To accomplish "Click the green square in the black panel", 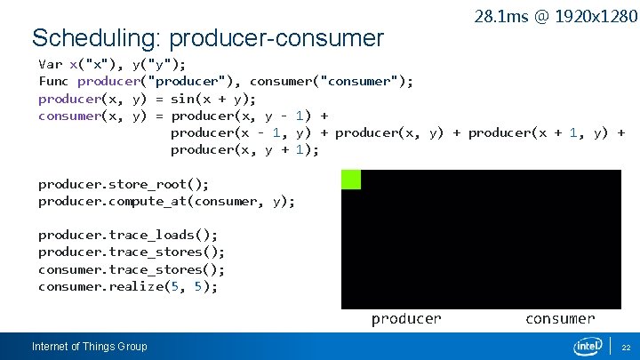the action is coord(351,179).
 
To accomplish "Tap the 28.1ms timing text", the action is coord(498,16).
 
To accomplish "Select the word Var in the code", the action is coord(51,64).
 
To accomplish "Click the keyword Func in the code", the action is coord(54,81).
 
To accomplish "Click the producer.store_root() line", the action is coord(124,184).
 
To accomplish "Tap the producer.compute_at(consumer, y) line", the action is coord(166,201).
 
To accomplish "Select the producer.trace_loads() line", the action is coord(128,235).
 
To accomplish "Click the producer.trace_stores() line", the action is coord(132,252).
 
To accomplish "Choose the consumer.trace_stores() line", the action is coord(132,268).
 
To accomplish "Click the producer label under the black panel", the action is coord(405,318).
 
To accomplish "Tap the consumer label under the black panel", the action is coord(560,318).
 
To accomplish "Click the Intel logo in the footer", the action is coord(588,346).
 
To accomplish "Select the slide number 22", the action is coord(626,347).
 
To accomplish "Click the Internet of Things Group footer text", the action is coord(89,347).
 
